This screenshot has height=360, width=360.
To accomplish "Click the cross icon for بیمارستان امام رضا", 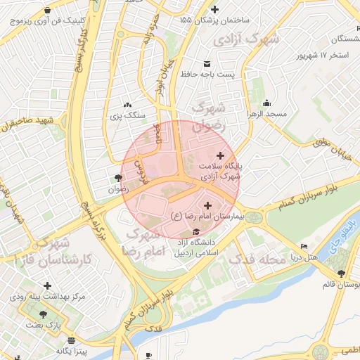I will point(206,205).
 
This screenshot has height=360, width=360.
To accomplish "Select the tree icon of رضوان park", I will point(117,177).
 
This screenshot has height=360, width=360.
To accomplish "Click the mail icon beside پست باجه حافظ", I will point(207,63).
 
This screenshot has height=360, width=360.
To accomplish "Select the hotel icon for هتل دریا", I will point(304,247).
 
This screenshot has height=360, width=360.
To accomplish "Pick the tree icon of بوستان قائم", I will point(341,274).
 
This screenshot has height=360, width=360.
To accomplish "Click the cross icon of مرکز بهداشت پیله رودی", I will point(47,286).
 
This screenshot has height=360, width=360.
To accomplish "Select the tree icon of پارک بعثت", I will point(44,314).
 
